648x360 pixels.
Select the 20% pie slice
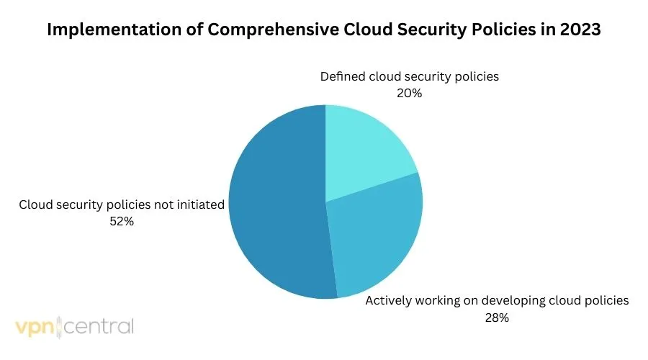pyautogui.click(x=364, y=151)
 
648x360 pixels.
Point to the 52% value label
pyautogui.click(x=121, y=222)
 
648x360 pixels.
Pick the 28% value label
pyautogui.click(x=497, y=318)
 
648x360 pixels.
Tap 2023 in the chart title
pyautogui.click(x=582, y=31)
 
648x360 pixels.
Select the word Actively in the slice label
pyautogui.click(x=388, y=301)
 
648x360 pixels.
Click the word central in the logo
pyautogui.click(x=101, y=327)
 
